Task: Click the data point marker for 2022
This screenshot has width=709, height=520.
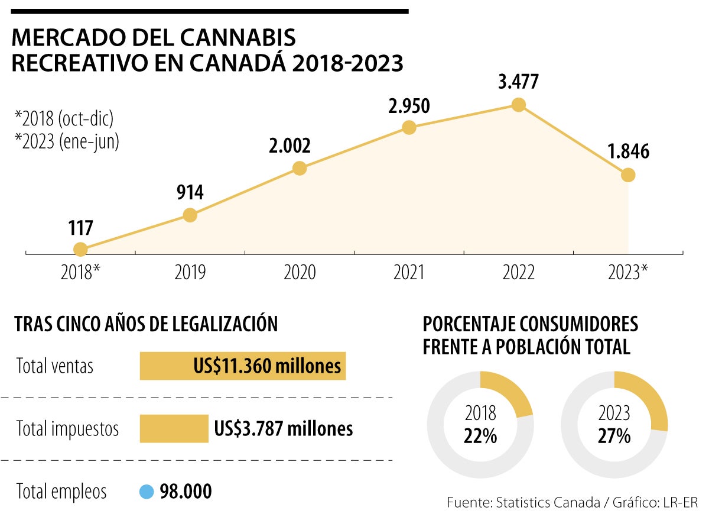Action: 518,105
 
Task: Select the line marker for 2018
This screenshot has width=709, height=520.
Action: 80,249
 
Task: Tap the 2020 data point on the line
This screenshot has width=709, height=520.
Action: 300,168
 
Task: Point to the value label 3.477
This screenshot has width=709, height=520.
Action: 518,82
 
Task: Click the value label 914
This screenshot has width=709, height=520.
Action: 189,193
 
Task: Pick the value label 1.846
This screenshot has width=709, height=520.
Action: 628,152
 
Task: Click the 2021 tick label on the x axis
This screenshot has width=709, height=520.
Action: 409,273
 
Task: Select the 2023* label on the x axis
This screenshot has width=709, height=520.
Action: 627,273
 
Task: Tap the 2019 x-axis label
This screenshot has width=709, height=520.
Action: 190,273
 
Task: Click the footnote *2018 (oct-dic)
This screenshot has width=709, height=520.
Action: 64,118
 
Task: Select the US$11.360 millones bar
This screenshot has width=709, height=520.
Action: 242,366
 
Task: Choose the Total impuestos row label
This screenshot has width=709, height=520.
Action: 67,429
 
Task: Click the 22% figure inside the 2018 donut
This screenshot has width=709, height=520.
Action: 480,437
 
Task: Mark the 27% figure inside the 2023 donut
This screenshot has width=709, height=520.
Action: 614,437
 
